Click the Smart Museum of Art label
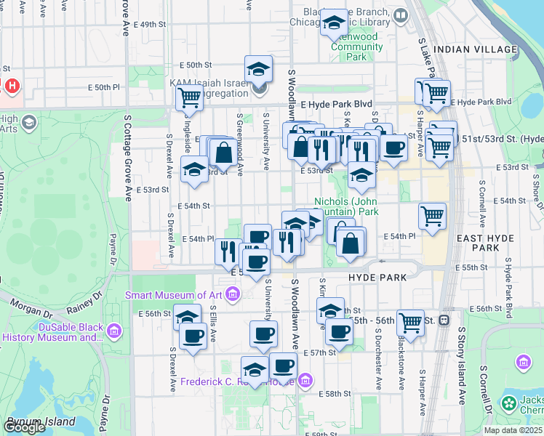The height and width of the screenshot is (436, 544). (174, 295)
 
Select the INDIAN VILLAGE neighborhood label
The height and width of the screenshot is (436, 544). (475, 49)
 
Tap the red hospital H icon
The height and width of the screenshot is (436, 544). (12, 86)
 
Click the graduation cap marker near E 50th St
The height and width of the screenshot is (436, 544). (258, 69)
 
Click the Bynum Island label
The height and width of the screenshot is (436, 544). (41, 421)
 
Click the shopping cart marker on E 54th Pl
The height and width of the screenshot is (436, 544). (432, 216)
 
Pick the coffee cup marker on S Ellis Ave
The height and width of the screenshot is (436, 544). (193, 336)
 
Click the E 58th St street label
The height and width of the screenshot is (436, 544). (335, 393)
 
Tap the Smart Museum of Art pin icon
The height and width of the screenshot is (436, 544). (232, 294)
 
